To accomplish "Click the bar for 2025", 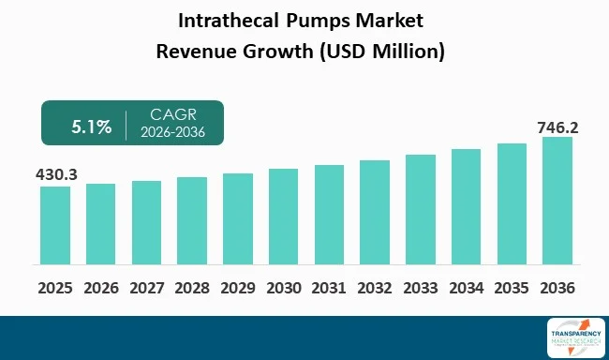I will [x=55, y=226].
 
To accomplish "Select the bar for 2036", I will [x=557, y=202].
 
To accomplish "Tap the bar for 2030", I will [x=283, y=217].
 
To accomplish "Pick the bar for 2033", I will [x=421, y=210].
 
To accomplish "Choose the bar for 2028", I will [x=192, y=221].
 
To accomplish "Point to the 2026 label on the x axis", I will [x=101, y=287].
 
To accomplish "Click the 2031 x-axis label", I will [x=329, y=287].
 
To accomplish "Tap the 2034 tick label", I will [x=466, y=287].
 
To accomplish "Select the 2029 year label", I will [x=238, y=287].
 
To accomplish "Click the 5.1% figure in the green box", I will [x=91, y=123].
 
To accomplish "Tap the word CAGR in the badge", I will [x=170, y=114].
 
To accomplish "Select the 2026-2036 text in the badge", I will [x=170, y=131].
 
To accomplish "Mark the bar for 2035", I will [x=512, y=204].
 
